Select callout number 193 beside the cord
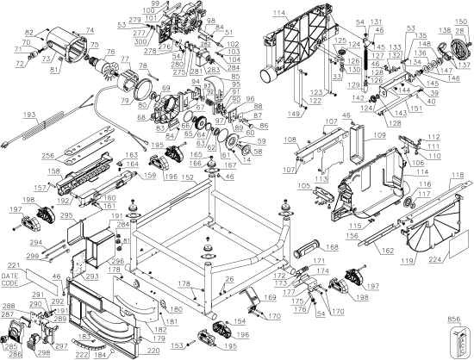pos(7,115)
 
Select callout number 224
pos(458,256)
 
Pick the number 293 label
pos(92,279)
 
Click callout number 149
pos(294,113)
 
